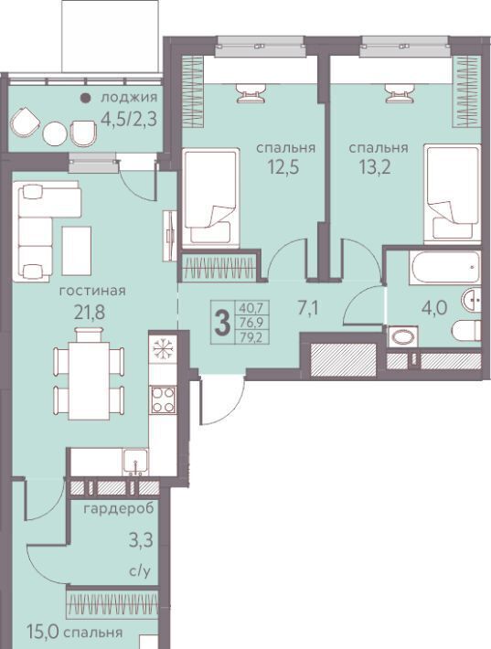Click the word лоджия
pos(129,98)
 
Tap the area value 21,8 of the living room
pos(90,313)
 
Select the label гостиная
pos(92,291)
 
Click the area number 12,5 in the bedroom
pos(283,167)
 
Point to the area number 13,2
pos(375,167)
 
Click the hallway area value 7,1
pos(308,308)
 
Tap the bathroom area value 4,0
pos(434,308)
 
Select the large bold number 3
pos(223,324)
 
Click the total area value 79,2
pos(251,337)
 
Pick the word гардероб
pos(119,508)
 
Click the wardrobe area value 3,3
pos(141,540)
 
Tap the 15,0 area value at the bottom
pos(43,632)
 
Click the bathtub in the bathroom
pos(445,268)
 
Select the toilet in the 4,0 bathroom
pos(466,330)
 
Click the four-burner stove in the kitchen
pos(163,399)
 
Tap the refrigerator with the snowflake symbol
pos(163,349)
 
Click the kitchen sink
pos(135,462)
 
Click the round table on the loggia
pos(55,133)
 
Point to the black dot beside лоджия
pos(85,98)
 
